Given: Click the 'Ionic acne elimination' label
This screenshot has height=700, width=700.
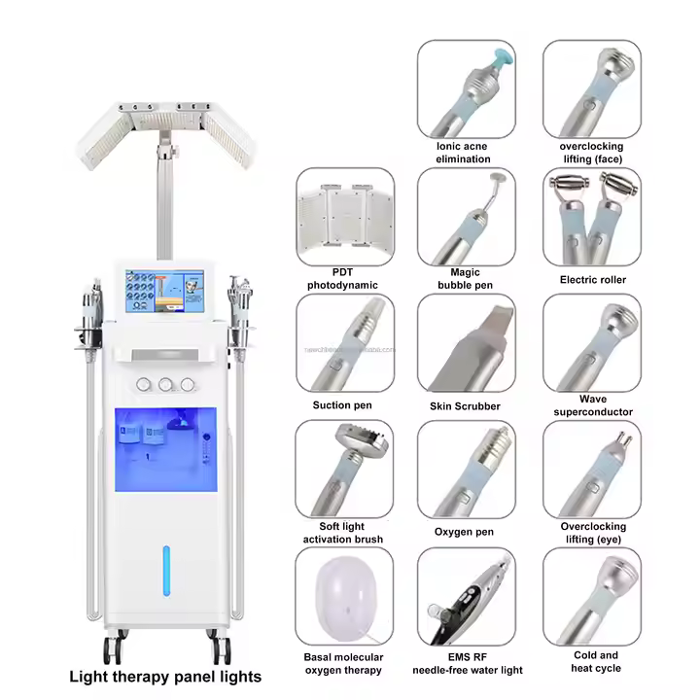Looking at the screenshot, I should point(463,153).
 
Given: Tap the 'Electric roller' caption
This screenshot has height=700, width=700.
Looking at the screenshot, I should point(592,280).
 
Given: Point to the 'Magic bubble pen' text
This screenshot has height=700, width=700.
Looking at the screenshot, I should point(465,279).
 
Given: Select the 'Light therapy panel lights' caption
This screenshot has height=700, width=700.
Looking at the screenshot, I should point(163,676).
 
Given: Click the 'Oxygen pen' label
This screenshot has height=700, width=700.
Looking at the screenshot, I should point(465,533).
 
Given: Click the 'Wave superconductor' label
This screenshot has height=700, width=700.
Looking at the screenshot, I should point(592,405).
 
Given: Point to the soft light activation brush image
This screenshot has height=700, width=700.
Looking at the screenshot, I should point(344,468).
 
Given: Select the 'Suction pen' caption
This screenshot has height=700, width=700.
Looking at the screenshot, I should point(342,405).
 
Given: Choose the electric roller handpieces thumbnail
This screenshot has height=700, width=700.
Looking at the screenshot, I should point(592,216).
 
